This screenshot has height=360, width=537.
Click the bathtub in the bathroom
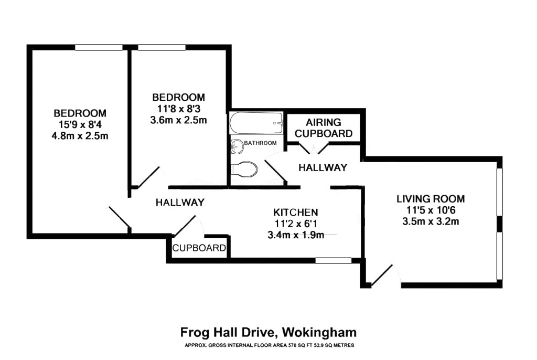coord(256,124)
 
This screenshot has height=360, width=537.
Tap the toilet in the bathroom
coord(244,169)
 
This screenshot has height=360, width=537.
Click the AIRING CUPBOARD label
coord(324,128)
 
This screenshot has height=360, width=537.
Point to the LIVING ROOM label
coord(431,199)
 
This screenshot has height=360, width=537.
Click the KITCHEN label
coord(296,213)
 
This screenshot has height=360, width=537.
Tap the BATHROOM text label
coord(261,143)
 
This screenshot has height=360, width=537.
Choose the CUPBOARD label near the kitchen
coord(199,248)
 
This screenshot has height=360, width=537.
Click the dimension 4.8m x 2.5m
coord(80,136)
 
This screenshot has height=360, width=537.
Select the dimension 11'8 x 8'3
coord(178,109)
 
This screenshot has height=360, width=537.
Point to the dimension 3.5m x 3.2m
coord(431,221)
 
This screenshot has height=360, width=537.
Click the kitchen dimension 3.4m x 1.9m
coord(296,235)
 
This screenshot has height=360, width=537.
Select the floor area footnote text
coord(268,345)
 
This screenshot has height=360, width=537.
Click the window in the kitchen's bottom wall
coord(337,260)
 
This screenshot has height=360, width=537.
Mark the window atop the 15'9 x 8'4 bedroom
coord(99,48)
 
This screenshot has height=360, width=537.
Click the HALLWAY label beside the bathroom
coord(323,167)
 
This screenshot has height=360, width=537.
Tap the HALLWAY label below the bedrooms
coord(180,202)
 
